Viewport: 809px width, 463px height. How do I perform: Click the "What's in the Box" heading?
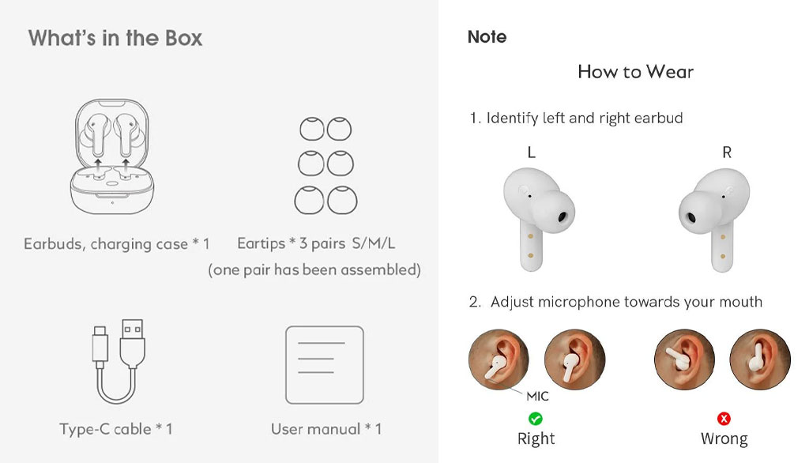tap(115, 38)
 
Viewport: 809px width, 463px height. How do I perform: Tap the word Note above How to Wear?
tap(487, 36)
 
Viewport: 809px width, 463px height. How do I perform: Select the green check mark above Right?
tap(536, 418)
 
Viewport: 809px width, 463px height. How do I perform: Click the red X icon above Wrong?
tap(724, 418)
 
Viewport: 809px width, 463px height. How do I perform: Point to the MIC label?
tap(537, 396)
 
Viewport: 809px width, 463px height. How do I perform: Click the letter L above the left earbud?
tap(532, 152)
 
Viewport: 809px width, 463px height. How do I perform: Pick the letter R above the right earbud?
tap(727, 152)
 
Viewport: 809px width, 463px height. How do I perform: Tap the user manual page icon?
tap(325, 364)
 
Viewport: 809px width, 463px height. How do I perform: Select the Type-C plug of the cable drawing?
tap(100, 346)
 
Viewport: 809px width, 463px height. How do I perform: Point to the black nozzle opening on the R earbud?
tap(689, 216)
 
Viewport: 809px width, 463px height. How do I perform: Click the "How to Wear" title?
tap(636, 72)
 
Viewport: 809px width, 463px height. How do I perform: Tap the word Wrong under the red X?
tap(724, 439)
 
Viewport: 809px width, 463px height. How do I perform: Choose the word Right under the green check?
tap(536, 439)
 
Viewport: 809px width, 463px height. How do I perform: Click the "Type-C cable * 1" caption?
tap(115, 429)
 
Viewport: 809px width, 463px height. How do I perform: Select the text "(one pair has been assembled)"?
tap(314, 270)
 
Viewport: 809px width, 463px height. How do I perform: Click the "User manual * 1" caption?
tap(326, 429)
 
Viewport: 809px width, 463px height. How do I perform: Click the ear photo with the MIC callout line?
tap(499, 359)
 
